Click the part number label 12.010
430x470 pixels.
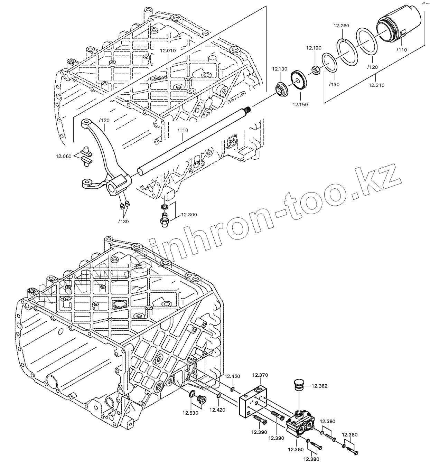coord(168,50)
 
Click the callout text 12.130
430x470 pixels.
coord(279,69)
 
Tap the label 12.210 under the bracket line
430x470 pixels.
coord(376,85)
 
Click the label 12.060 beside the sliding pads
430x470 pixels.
coord(64,156)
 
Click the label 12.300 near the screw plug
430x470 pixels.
coord(189,215)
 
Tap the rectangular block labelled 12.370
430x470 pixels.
coord(252,401)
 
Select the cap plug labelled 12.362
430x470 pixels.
coord(298,385)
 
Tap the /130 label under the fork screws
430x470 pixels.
coord(123,222)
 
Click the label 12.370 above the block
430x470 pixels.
coord(260,375)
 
